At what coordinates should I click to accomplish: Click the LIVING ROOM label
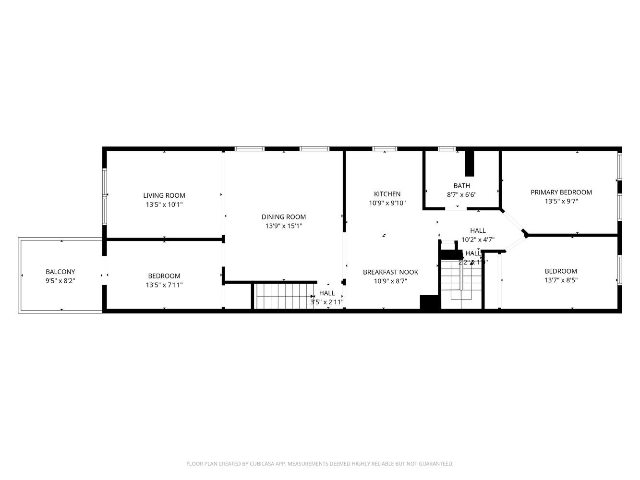[x=164, y=195]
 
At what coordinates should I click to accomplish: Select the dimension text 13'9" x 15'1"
[x=283, y=226]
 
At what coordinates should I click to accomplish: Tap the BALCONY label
[x=60, y=272]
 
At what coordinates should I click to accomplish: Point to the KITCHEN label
[x=387, y=194]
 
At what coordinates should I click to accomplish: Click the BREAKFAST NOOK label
[x=390, y=272]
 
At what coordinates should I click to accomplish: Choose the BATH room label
[x=461, y=186]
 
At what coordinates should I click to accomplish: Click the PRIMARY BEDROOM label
[x=561, y=192]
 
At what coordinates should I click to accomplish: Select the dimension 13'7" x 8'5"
[x=561, y=280]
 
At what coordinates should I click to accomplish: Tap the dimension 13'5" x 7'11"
[x=164, y=285]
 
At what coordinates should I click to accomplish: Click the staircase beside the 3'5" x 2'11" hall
[x=283, y=296]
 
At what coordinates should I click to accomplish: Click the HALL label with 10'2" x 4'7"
[x=478, y=230]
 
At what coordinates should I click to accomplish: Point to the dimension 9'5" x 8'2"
[x=60, y=281]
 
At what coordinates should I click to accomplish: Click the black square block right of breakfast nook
[x=429, y=302]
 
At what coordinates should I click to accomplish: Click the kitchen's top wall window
[x=385, y=149]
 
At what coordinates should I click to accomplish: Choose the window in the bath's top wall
[x=447, y=149]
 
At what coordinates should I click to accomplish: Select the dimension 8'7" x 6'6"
[x=461, y=195]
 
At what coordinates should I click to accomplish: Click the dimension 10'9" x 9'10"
[x=387, y=203]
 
